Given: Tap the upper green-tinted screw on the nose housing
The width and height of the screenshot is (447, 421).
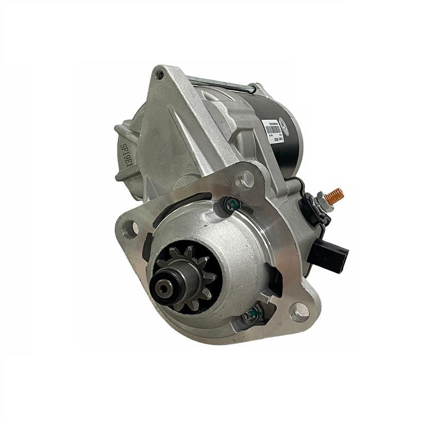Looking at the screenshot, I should coord(232,205).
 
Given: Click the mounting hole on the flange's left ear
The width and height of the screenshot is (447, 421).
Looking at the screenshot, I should coord(131,228).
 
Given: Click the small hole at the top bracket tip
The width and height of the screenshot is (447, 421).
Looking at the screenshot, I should coord(160,75).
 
